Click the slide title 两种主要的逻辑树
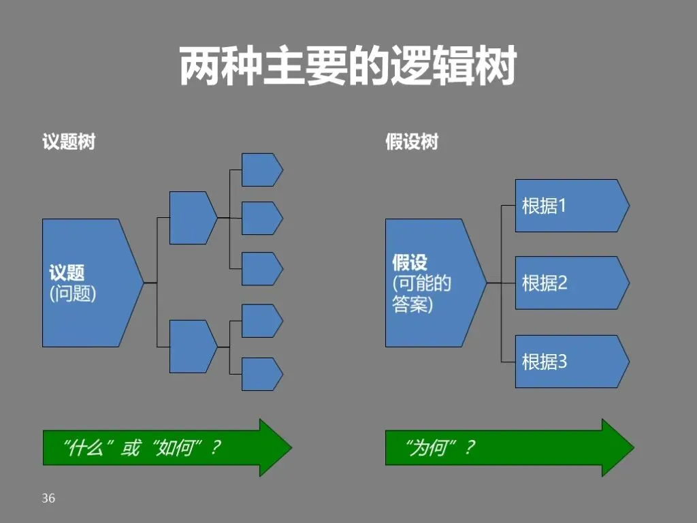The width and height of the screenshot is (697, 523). pyautogui.click(x=348, y=66)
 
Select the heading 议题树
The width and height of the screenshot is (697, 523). pyautogui.click(x=69, y=142)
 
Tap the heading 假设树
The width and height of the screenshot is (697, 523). pyautogui.click(x=412, y=142)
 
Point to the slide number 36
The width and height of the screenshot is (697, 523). pyautogui.click(x=48, y=498)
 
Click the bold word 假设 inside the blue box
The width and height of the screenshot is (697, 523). pyautogui.click(x=410, y=263)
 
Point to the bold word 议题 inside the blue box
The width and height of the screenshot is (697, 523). pyautogui.click(x=67, y=273)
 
